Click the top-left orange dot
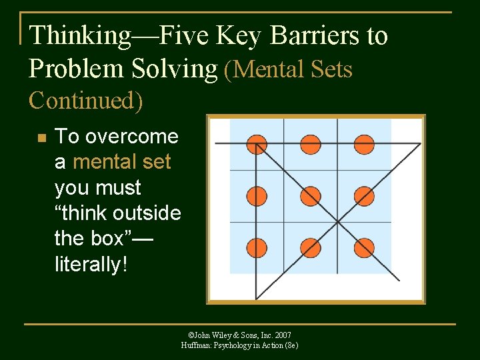pyautogui.click(x=257, y=144)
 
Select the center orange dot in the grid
pyautogui.click(x=310, y=196)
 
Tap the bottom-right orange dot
pyautogui.click(x=364, y=247)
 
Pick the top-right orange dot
pyautogui.click(x=364, y=144)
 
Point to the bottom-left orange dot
pyautogui.click(x=257, y=247)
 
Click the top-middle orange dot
pyautogui.click(x=310, y=144)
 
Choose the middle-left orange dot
pyautogui.click(x=257, y=196)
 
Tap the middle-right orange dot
pyautogui.click(x=364, y=196)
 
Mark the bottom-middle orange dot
pyautogui.click(x=310, y=247)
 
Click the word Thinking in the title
pyautogui.click(x=81, y=36)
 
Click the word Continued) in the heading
pyautogui.click(x=85, y=100)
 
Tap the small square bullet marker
pyautogui.click(x=41, y=138)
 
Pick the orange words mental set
pyautogui.click(x=121, y=162)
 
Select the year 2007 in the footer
pyautogui.click(x=282, y=335)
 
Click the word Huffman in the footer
pyautogui.click(x=196, y=345)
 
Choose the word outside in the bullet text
pyautogui.click(x=147, y=213)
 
